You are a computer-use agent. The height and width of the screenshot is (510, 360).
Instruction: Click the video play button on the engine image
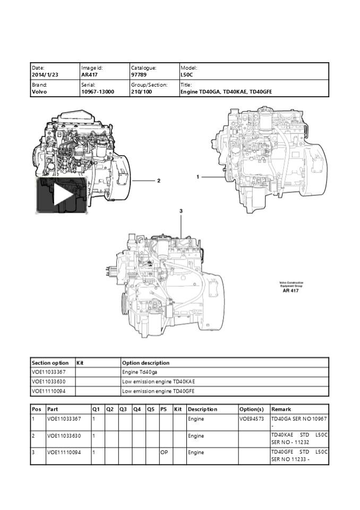(x=62, y=195)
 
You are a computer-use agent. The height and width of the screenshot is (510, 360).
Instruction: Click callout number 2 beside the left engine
(x=158, y=181)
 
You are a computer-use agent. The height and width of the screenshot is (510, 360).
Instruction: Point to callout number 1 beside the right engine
(x=198, y=176)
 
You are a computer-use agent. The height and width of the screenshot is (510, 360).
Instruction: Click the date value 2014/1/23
(x=45, y=75)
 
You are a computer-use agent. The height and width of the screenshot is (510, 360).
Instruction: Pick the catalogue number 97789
(x=139, y=75)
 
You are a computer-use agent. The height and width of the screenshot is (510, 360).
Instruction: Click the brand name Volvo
(x=39, y=91)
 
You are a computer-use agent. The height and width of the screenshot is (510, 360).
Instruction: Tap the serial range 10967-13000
(x=97, y=91)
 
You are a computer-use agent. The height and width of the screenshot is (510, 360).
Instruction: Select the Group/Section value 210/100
(x=142, y=91)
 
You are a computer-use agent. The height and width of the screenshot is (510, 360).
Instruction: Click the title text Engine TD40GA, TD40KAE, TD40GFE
(x=226, y=91)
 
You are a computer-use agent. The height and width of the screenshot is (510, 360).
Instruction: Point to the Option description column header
(x=145, y=363)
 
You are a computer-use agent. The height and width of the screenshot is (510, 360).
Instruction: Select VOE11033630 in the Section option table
(x=49, y=381)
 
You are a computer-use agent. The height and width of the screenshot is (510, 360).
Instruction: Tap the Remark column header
(x=281, y=409)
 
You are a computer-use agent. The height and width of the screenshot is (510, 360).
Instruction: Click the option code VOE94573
(x=252, y=419)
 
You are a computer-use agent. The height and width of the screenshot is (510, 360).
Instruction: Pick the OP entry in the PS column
(x=164, y=453)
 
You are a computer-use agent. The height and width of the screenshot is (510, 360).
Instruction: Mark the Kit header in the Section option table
(x=81, y=363)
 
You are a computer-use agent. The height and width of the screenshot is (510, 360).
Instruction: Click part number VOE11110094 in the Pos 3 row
(x=64, y=453)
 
